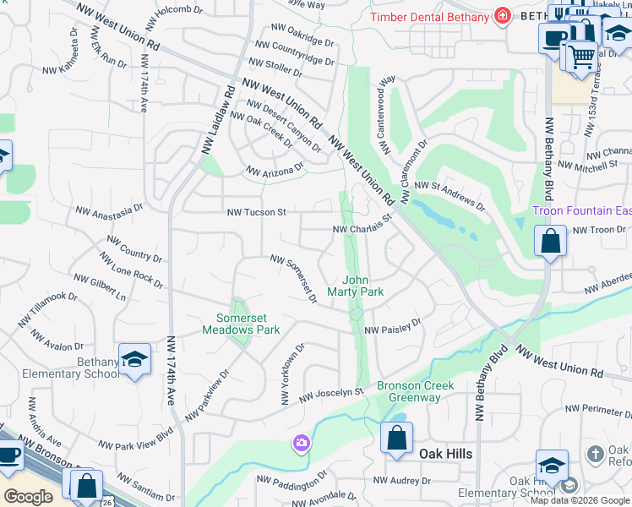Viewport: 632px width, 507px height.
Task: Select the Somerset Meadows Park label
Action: pos(241,324)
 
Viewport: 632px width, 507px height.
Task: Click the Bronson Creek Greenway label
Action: pos(416,391)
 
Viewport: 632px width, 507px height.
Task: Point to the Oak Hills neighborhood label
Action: pos(445,454)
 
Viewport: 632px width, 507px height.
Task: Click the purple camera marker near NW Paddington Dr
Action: pos(302,443)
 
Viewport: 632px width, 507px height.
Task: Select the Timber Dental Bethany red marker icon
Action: pos(503,16)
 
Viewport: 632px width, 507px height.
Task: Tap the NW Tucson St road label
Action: pos(256,212)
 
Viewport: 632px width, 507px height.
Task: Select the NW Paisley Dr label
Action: pos(392,328)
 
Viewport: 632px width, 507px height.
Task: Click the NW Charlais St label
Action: pos(364,224)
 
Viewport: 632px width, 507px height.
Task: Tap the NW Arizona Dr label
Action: pos(275,171)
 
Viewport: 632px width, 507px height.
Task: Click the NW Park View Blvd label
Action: pos(135,443)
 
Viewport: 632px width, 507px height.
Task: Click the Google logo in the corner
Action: pos(28,496)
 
